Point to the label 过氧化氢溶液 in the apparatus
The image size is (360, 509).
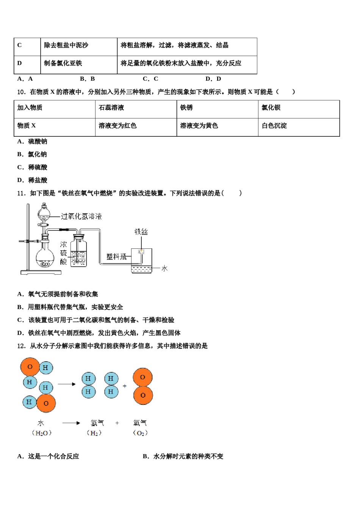click(x=81, y=216)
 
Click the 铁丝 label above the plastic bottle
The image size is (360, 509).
click(x=141, y=231)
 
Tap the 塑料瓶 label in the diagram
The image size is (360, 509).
click(x=116, y=257)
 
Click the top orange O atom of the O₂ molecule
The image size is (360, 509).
click(x=142, y=377)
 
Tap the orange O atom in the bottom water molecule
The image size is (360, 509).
click(x=46, y=403)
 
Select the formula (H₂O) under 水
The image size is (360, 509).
click(x=41, y=433)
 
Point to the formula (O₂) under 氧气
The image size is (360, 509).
click(x=140, y=433)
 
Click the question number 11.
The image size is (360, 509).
click(x=21, y=193)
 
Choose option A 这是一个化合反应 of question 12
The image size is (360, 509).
click(x=48, y=456)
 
